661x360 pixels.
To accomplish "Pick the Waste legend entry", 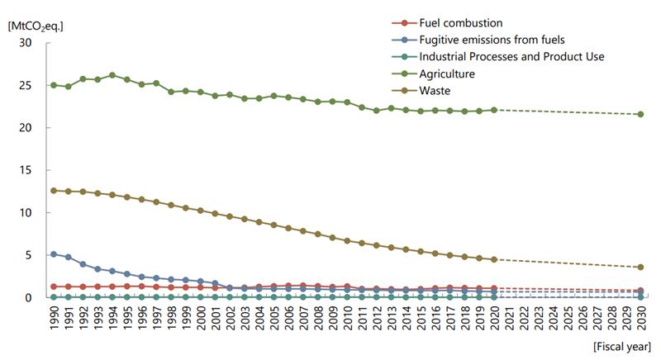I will point(441,90).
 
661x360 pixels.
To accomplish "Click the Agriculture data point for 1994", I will point(112,75).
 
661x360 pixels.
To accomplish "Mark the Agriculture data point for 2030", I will point(640,114).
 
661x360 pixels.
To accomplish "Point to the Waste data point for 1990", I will point(54,191).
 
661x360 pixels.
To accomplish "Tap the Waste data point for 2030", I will point(640,268).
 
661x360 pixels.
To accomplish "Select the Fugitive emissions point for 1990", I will point(54,254).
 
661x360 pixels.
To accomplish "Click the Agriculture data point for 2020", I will point(494,110).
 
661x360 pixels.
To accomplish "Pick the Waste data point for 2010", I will point(347,241).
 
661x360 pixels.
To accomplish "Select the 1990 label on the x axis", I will point(55,318).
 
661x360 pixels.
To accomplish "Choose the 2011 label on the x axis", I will point(362,318).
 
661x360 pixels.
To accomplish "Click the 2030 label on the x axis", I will point(641,318).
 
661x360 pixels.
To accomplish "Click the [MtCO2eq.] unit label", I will point(35,25).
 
